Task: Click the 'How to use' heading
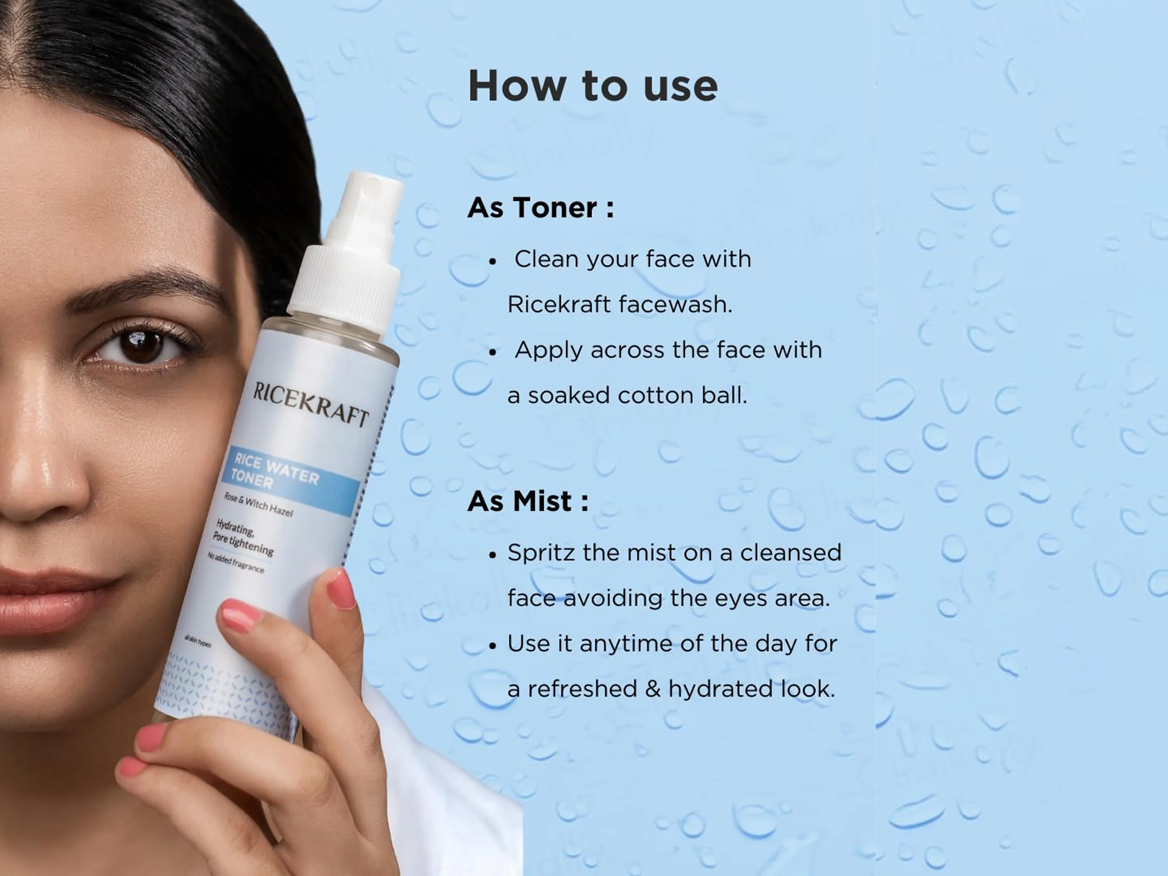[x=593, y=85]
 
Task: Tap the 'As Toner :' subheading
[x=541, y=207]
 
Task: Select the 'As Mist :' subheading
[x=528, y=501]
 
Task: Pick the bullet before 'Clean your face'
[x=493, y=261]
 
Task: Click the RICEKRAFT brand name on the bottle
[x=311, y=404]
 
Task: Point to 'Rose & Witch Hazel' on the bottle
[x=259, y=504]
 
